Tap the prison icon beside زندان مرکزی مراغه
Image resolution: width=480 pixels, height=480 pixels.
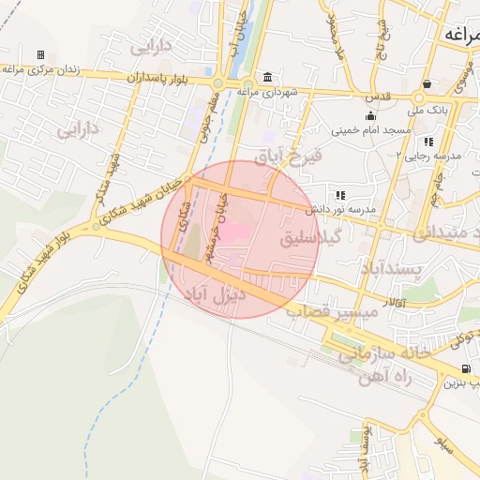click(x=40, y=55)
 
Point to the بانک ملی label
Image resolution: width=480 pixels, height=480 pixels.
click(x=435, y=109)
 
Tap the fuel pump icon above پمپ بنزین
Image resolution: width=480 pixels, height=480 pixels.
click(x=466, y=368)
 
